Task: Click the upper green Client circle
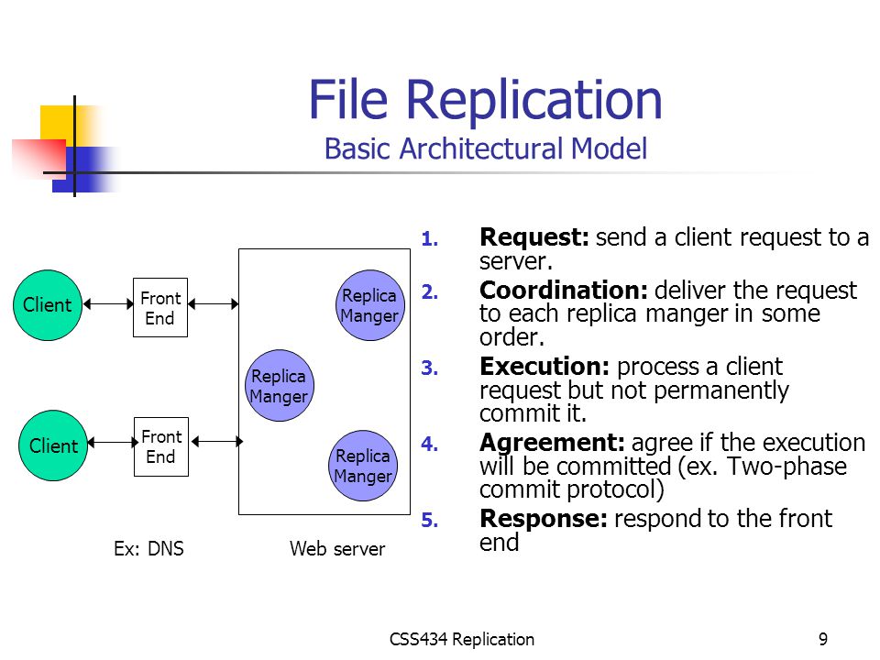(x=48, y=305)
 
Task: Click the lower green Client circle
(x=53, y=445)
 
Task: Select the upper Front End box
(x=160, y=308)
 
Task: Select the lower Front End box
(x=161, y=446)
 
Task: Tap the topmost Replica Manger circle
(x=369, y=305)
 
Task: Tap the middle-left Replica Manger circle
(x=280, y=386)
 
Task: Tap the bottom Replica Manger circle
(x=363, y=466)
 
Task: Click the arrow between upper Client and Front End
(x=108, y=304)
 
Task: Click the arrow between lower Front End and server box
(x=216, y=442)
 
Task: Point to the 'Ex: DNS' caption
(x=148, y=548)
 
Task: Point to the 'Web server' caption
(x=337, y=548)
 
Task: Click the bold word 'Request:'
(x=534, y=237)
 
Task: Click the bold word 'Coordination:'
(x=564, y=291)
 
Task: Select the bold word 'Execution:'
(x=544, y=367)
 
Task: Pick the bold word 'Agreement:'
(x=552, y=444)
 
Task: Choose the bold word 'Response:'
(x=544, y=519)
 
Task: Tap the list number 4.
(x=429, y=444)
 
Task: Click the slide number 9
(x=823, y=639)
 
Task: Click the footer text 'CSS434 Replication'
(x=462, y=639)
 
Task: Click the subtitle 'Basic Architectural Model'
(x=486, y=148)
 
